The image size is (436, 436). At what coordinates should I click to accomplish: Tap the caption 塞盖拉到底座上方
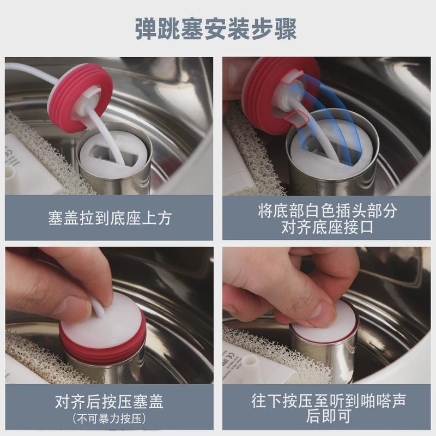coord(109,218)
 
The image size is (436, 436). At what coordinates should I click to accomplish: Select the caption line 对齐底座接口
coord(327,227)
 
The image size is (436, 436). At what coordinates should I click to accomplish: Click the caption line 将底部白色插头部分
coord(327,210)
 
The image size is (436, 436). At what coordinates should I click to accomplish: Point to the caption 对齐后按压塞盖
coord(109,403)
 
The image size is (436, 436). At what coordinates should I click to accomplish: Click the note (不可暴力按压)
coord(109,419)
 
